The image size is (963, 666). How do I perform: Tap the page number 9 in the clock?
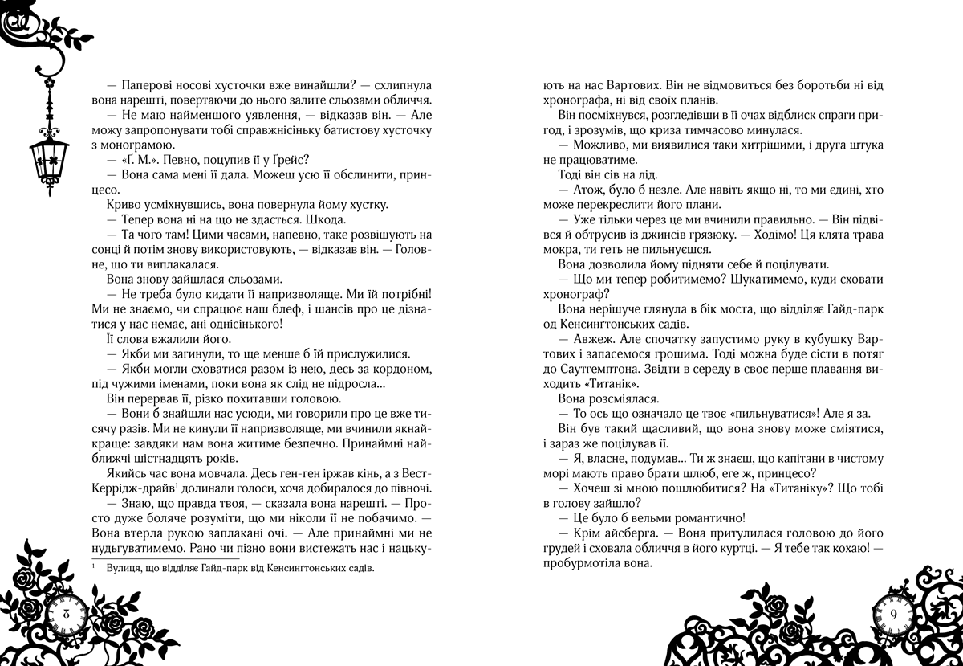pyautogui.click(x=896, y=614)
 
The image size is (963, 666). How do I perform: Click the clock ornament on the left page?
pyautogui.click(x=65, y=615)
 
